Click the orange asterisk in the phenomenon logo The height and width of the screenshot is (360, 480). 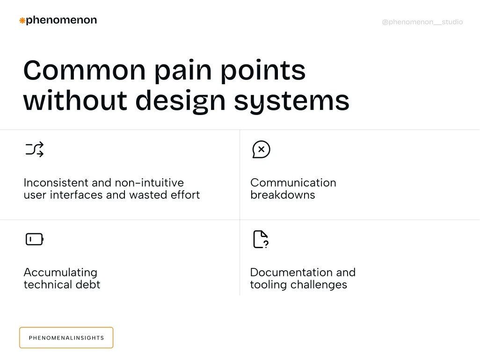(x=22, y=21)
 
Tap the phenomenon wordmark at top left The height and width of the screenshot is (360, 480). (x=61, y=20)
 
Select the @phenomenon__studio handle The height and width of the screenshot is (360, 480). (x=422, y=22)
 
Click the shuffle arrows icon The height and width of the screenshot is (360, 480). (x=35, y=149)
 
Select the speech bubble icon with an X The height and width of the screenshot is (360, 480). (x=261, y=150)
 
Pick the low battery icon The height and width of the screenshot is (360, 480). (x=35, y=239)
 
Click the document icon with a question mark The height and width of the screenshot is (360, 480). (x=261, y=239)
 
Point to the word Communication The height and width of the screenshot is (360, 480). (x=293, y=183)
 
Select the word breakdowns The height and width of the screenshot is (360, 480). (x=283, y=195)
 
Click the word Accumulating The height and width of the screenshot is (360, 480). (x=60, y=273)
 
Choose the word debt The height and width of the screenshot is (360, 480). (x=88, y=285)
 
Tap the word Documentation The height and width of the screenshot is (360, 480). (x=291, y=273)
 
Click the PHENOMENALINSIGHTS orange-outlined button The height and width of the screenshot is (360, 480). (x=66, y=338)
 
